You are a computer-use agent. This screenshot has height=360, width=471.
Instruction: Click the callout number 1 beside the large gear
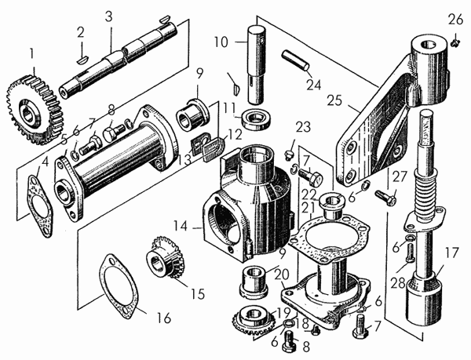(32, 54)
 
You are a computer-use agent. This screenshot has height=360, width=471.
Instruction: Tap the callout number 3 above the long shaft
(109, 16)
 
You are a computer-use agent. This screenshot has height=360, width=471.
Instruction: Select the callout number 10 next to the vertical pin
(221, 42)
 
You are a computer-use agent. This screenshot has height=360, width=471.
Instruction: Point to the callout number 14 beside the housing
(181, 227)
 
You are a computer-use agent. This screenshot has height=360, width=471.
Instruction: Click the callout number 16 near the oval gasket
(164, 318)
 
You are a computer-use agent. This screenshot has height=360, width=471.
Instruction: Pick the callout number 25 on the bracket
(334, 100)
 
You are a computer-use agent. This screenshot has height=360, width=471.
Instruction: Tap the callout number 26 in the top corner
(456, 20)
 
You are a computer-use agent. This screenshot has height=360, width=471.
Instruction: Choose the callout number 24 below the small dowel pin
(314, 85)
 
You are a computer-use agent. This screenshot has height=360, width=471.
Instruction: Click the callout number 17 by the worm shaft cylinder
(452, 253)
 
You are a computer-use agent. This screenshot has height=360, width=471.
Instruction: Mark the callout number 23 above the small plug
(303, 127)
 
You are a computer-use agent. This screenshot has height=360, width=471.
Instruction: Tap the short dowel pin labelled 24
(295, 60)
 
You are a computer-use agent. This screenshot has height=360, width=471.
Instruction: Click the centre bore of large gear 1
(28, 114)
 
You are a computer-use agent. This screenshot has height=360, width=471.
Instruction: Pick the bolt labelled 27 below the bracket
(385, 197)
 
